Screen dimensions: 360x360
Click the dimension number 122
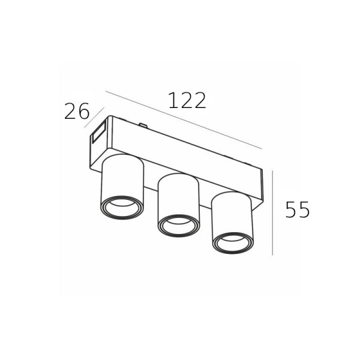pos(187,100)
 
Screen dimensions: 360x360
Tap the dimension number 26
pos(76,111)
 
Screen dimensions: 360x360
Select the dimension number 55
pos(298,209)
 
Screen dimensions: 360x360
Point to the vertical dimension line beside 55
pos(272,212)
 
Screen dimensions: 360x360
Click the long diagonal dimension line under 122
pos(184,120)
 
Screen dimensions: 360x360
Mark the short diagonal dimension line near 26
pos(94,117)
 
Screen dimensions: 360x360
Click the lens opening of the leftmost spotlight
pos(122,206)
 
